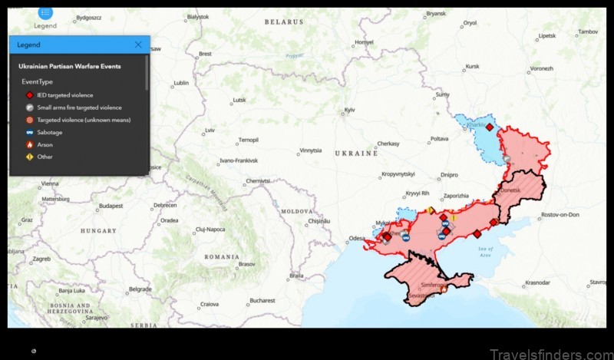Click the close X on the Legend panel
[x=138, y=45]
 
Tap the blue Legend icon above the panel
[x=45, y=12]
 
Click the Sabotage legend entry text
[x=50, y=132]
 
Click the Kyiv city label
[x=349, y=111]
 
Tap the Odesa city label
[x=357, y=239]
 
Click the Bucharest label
[x=262, y=300]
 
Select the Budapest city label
[x=111, y=206]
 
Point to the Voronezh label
[x=541, y=69]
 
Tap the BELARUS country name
[x=284, y=22]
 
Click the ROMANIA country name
[x=222, y=256]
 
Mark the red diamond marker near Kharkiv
[x=490, y=127]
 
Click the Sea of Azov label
[x=484, y=252]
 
